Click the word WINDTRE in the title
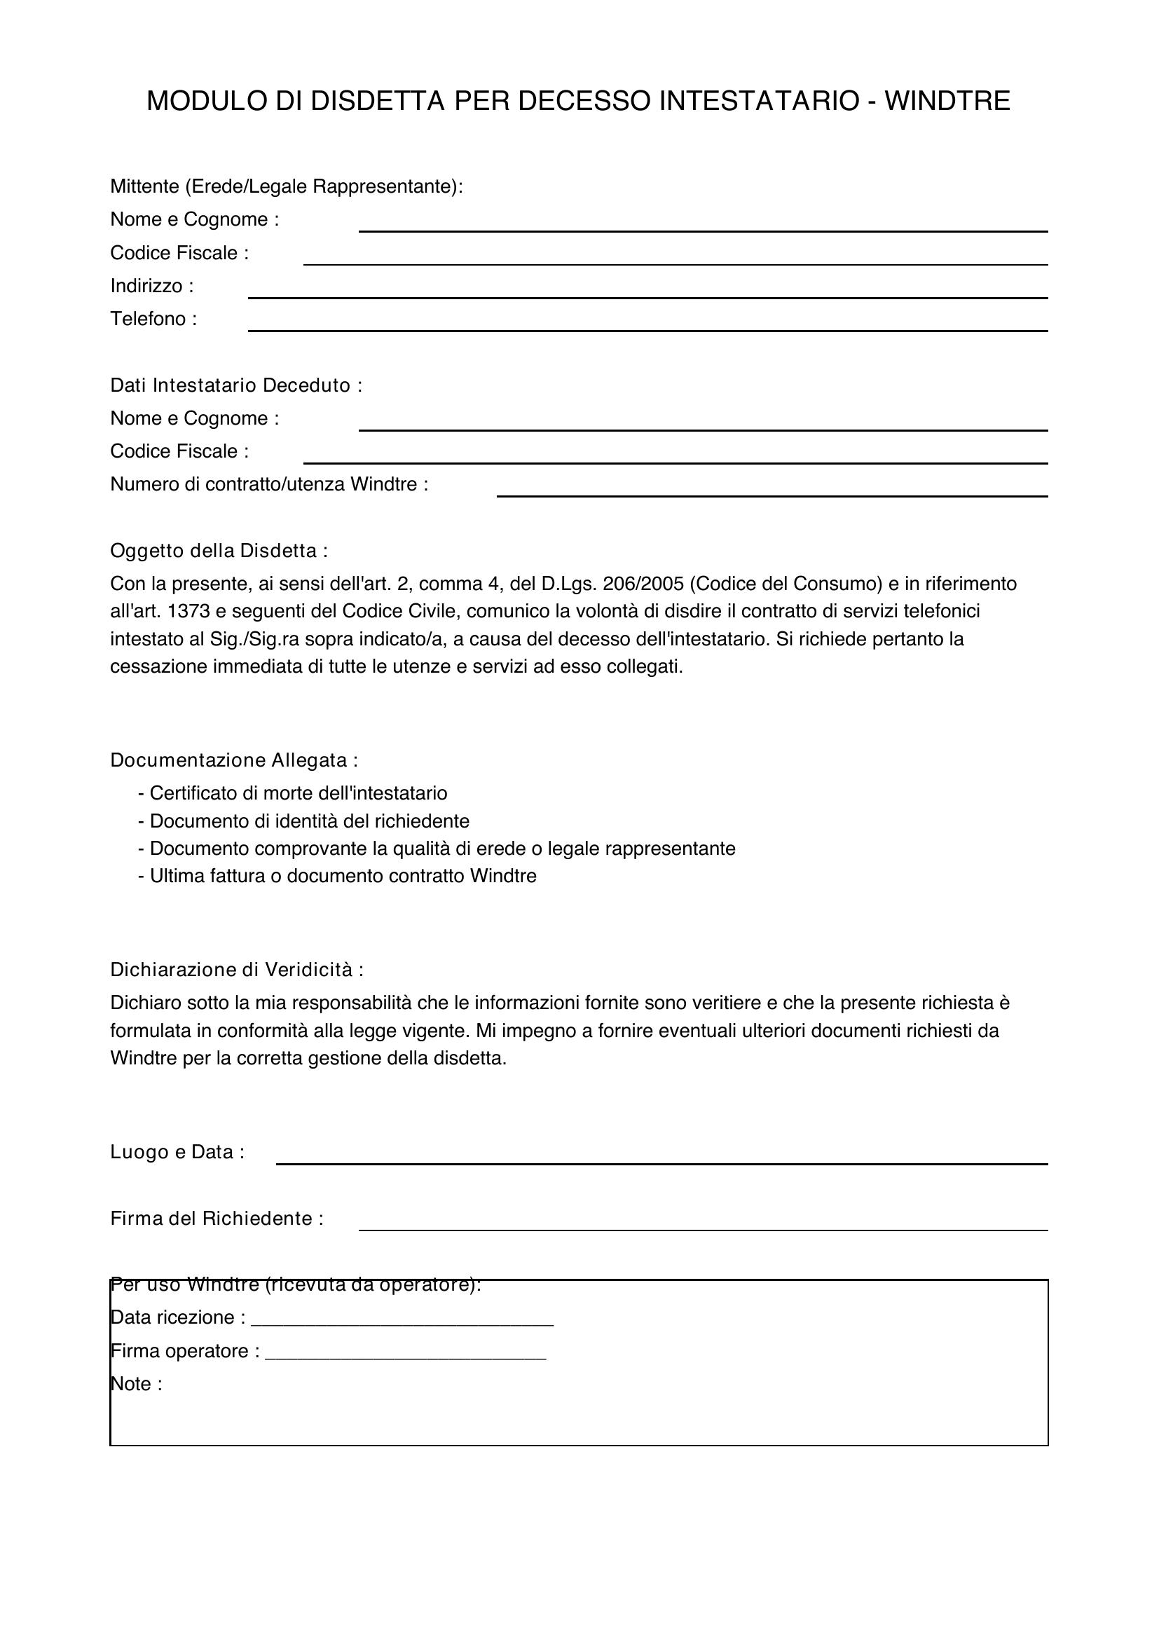click(x=947, y=102)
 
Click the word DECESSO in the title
click(x=584, y=102)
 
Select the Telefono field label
click(x=153, y=319)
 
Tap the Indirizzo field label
click(x=152, y=287)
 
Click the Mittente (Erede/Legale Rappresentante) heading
click(x=286, y=186)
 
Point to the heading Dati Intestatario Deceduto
click(x=236, y=385)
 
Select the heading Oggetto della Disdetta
click(x=219, y=551)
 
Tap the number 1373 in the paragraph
click(x=188, y=612)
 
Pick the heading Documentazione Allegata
click(x=234, y=760)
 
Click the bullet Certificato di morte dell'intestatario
click(x=298, y=793)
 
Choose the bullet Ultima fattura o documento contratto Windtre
click(x=342, y=876)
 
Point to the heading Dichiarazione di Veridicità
click(x=237, y=969)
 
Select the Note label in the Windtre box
click(x=137, y=1384)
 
